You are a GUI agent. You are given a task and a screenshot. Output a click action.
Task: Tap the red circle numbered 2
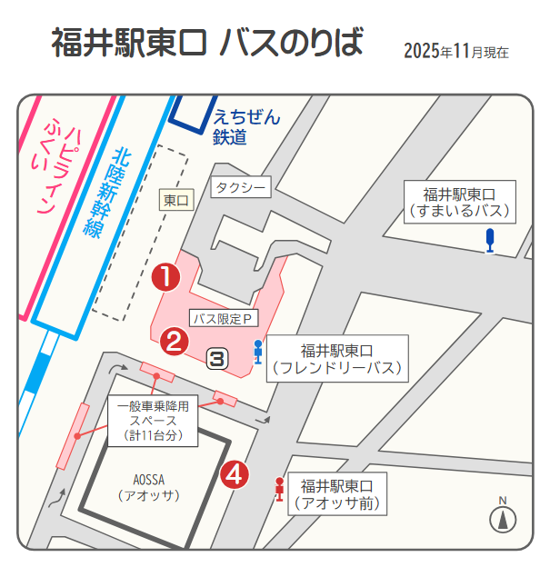point(174,342)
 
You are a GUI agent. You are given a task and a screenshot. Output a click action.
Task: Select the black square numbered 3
point(217,358)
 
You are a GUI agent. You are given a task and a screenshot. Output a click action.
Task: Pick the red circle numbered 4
point(235,473)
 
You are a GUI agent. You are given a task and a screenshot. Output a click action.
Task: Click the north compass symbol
point(503,518)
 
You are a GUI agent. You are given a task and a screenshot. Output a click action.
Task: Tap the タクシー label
point(241,188)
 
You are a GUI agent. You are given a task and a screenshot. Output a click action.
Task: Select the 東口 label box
point(177,200)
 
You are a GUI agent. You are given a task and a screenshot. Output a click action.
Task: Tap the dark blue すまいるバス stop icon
point(491,241)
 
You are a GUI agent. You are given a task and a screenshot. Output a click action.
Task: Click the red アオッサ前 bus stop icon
point(279,489)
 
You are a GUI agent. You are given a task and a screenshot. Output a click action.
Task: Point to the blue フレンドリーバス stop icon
point(258,351)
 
